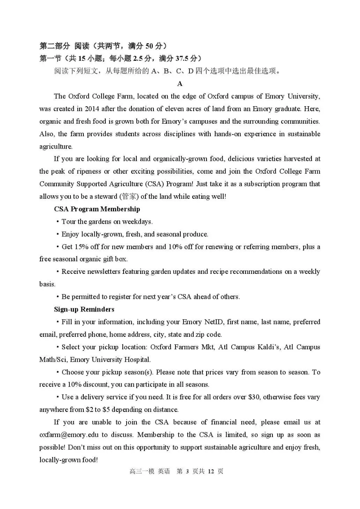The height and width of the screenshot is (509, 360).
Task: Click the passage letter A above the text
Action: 180,84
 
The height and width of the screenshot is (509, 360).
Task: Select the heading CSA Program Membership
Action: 97,209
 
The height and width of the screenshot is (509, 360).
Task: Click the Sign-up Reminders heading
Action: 84,309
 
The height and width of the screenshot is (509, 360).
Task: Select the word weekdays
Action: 137,222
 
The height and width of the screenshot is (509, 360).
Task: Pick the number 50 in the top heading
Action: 149,46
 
